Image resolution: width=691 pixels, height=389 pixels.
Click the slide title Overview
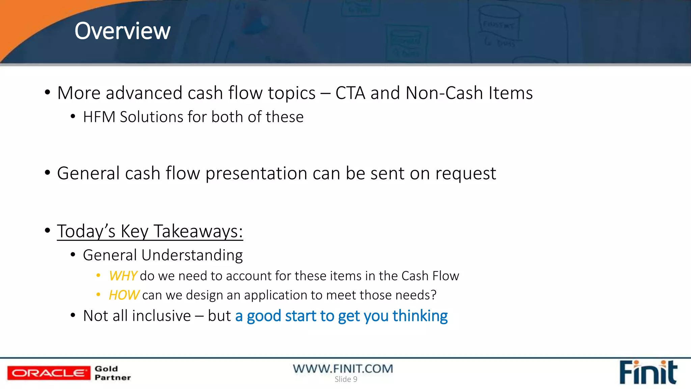point(122,31)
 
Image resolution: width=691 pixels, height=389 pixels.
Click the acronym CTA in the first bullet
point(350,93)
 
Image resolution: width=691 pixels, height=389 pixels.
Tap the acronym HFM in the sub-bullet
point(99,117)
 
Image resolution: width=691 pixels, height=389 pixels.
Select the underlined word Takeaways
point(198,232)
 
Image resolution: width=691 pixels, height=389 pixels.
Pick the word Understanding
point(192,256)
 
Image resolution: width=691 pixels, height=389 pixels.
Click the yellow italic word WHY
point(123,276)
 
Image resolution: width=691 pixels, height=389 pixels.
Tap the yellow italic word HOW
point(124,295)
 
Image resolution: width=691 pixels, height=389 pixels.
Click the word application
point(275,295)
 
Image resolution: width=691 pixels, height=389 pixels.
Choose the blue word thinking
point(420,316)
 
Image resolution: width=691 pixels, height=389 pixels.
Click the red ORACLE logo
point(49,373)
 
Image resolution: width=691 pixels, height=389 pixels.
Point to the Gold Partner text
point(112,373)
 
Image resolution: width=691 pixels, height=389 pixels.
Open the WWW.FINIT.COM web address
point(343,368)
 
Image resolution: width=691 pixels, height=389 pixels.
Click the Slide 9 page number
point(346,379)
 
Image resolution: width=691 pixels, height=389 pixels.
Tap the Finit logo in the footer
point(648,372)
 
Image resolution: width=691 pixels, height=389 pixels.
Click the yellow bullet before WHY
point(98,276)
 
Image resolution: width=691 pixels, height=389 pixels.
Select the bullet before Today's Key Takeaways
point(48,231)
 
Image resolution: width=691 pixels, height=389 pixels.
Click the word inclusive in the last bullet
point(162,316)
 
